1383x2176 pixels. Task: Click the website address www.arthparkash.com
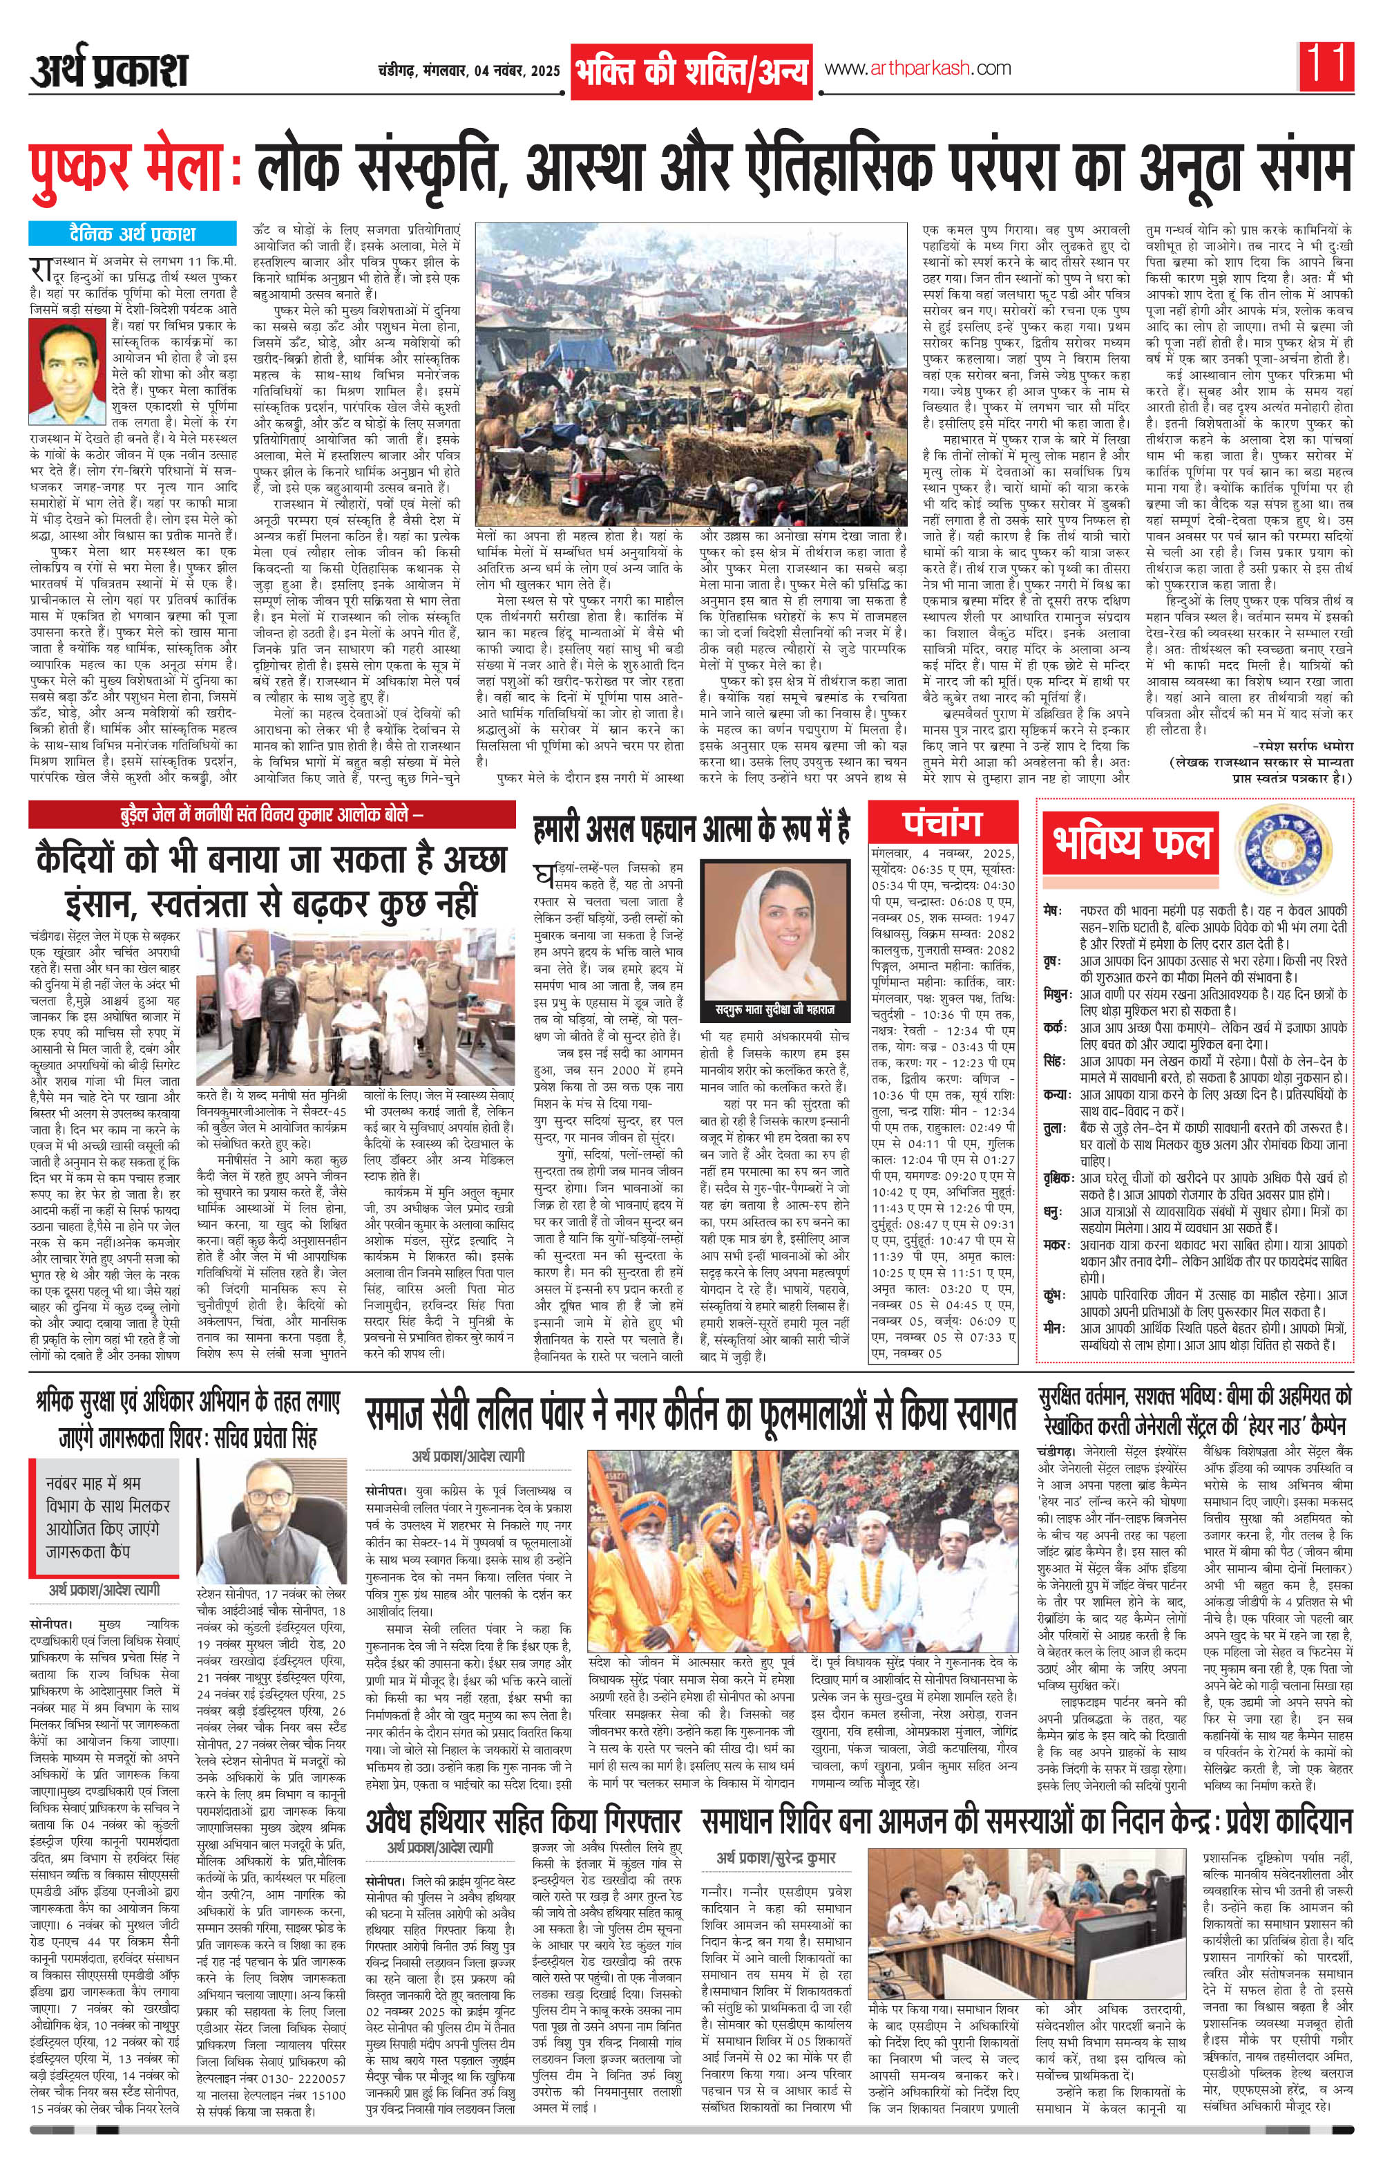click(916, 68)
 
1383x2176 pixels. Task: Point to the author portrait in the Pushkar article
click(67, 373)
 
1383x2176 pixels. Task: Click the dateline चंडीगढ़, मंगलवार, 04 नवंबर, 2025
click(470, 71)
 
